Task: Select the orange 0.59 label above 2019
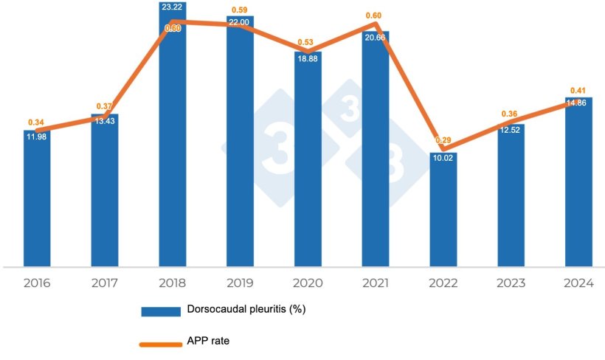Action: (x=240, y=10)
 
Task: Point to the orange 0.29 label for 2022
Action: (x=443, y=139)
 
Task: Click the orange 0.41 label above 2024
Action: (x=578, y=91)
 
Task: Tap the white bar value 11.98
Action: (x=37, y=136)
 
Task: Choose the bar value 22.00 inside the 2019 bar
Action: (x=240, y=24)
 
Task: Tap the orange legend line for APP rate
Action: (x=161, y=342)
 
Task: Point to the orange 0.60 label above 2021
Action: (x=376, y=16)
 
